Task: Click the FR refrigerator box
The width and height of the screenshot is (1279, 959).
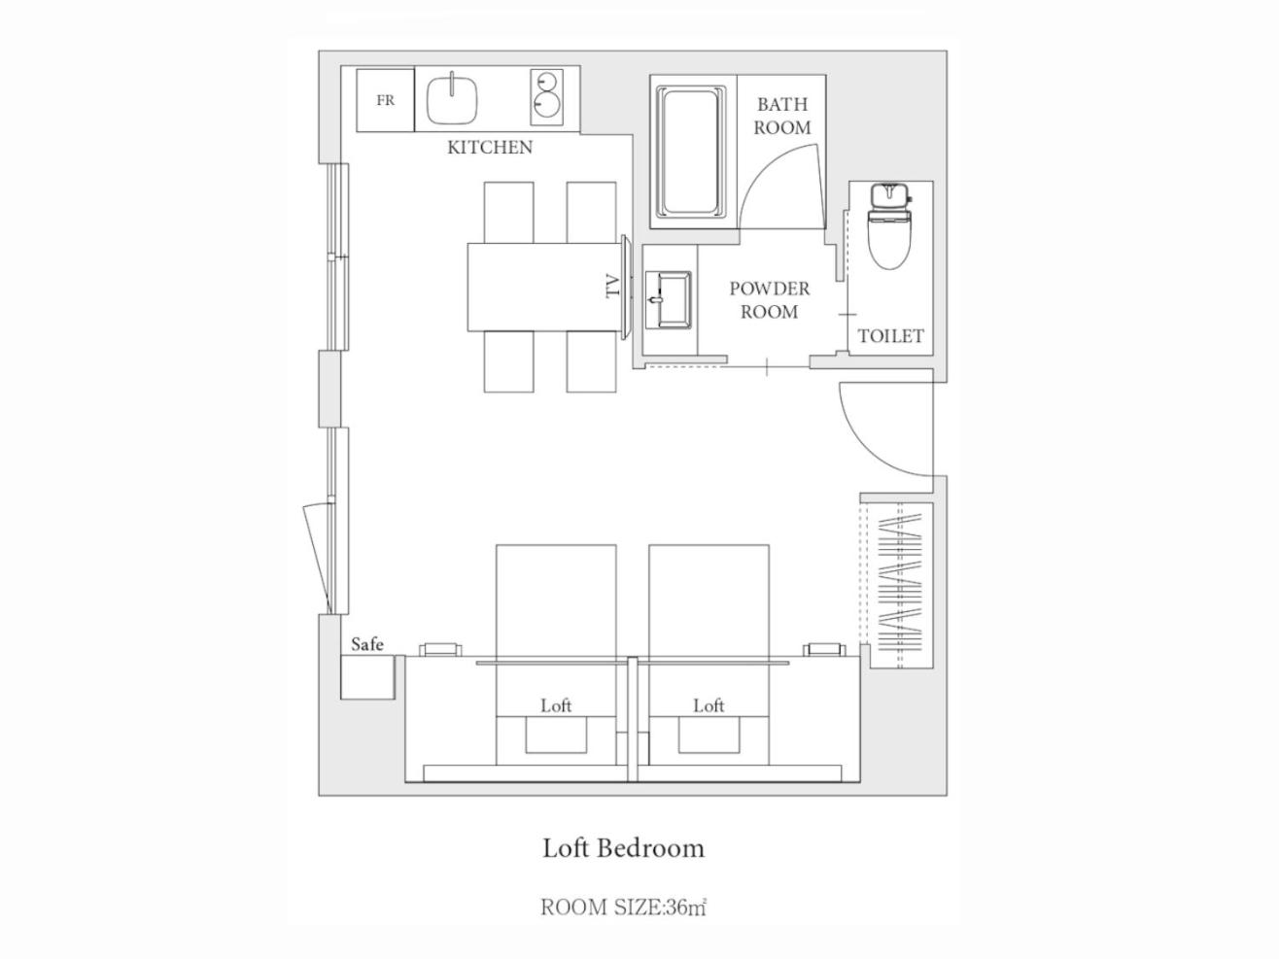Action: (x=386, y=100)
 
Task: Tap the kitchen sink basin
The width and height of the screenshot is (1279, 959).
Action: (x=452, y=99)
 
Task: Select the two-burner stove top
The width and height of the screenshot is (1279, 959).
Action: (x=547, y=97)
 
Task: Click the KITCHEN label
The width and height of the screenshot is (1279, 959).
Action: (x=490, y=148)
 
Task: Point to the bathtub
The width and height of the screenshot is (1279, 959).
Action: (x=691, y=152)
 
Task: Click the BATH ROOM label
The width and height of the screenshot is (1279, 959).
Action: (x=782, y=116)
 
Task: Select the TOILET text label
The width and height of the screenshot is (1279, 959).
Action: (x=890, y=336)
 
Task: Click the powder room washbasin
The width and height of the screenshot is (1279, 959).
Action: (x=669, y=299)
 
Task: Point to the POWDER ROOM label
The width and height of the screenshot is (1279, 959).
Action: (x=769, y=300)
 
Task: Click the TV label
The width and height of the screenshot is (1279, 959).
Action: (x=613, y=286)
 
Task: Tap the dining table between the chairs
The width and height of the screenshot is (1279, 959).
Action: (x=545, y=287)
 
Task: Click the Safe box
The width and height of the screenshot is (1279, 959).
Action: (x=367, y=676)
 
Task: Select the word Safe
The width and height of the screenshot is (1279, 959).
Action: (x=367, y=644)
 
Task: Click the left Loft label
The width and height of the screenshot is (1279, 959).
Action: (x=556, y=706)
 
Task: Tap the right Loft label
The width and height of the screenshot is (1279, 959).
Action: (x=709, y=706)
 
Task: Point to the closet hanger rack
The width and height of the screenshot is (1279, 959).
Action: (x=901, y=586)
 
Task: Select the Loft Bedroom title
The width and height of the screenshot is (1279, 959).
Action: (x=623, y=848)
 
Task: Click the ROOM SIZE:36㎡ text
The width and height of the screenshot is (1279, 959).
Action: (x=623, y=908)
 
